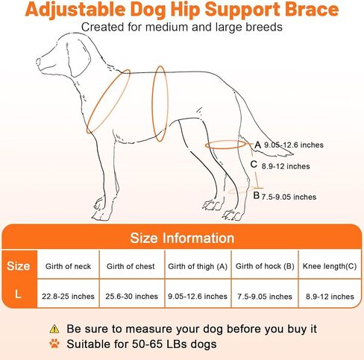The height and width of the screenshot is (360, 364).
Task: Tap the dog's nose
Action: (x=38, y=61)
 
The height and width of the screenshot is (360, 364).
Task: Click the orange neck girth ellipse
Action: (x=108, y=101)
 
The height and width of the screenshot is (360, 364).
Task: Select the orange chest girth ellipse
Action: (x=160, y=104)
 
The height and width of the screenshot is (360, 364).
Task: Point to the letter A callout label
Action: (x=258, y=145)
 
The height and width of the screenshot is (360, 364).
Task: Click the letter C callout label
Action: (x=254, y=164)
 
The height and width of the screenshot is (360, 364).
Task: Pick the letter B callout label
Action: (x=257, y=195)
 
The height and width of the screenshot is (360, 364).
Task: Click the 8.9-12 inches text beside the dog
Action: (x=286, y=166)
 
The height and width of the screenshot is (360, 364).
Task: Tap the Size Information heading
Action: (x=182, y=238)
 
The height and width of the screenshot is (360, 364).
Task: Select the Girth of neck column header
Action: (x=68, y=266)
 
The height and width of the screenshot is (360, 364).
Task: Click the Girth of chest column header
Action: (x=131, y=266)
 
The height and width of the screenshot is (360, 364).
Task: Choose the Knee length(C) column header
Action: (x=330, y=266)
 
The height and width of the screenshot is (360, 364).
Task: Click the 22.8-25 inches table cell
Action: (x=68, y=296)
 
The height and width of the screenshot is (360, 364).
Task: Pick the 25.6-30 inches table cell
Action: (x=131, y=296)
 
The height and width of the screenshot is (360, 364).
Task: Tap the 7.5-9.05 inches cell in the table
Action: (x=265, y=297)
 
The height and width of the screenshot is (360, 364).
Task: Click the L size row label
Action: (x=18, y=294)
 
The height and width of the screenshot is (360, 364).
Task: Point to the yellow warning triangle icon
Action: (x=54, y=329)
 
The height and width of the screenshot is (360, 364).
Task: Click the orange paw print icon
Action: (x=54, y=344)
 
